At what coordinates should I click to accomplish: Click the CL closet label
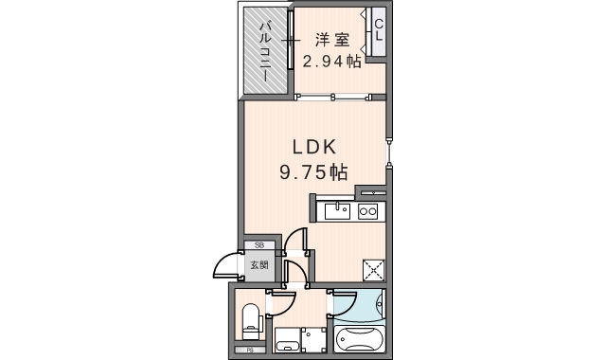coord(378,31)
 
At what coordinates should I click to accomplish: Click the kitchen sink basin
coord(336,211)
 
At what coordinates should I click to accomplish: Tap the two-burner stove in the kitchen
coord(367,211)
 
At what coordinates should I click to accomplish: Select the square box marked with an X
coord(373,270)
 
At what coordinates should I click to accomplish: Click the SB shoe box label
coord(258,245)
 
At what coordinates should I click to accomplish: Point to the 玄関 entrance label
coord(259,265)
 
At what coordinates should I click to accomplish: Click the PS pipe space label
coord(251,352)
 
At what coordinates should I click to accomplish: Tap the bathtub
coord(360,338)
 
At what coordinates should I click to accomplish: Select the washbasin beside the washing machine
coord(286,340)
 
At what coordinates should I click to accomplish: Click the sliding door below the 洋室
coord(340,96)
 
